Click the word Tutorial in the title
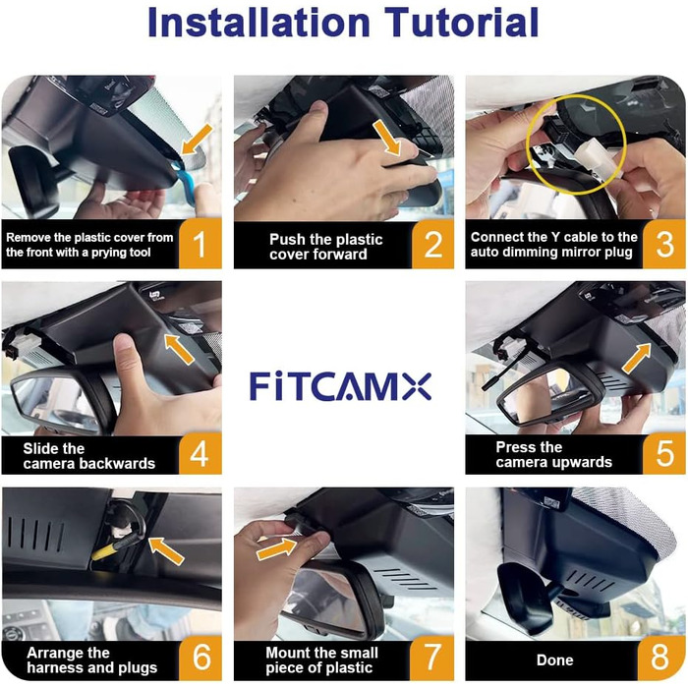[462, 22]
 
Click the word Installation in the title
[258, 22]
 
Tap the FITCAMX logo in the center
[340, 386]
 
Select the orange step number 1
[200, 244]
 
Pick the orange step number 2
[432, 245]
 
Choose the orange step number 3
[664, 244]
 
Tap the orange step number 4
[200, 454]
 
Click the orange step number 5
[664, 454]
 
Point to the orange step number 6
[201, 659]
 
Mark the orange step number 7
[431, 659]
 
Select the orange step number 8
[660, 659]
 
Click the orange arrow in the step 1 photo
[197, 140]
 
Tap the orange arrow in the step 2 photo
[387, 138]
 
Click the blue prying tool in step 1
[185, 185]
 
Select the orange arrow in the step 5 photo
[636, 359]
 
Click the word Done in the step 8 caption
[554, 660]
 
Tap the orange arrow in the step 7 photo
[276, 548]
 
